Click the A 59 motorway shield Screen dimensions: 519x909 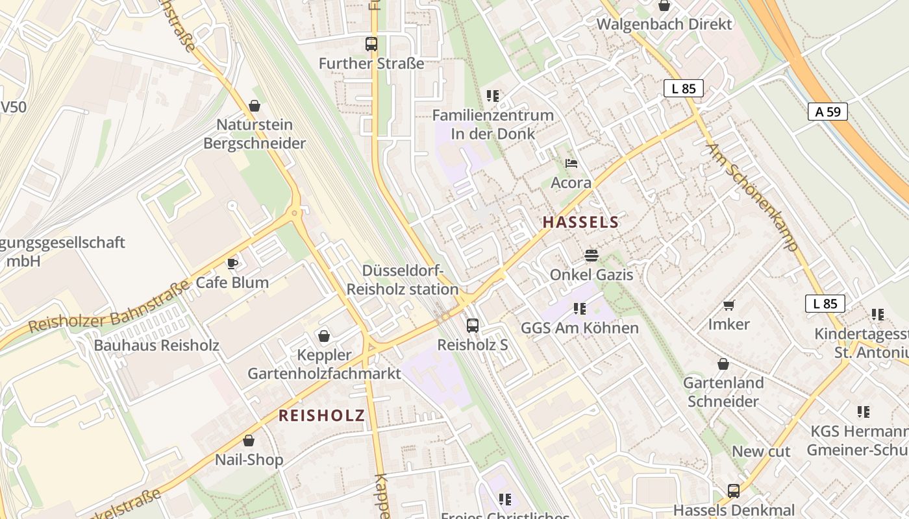click(828, 112)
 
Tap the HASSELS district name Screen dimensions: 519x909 click(580, 222)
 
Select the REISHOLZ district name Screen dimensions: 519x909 click(321, 416)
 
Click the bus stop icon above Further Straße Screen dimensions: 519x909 click(371, 44)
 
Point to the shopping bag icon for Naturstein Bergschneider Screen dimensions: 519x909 click(255, 105)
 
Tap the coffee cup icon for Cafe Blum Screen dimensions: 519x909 click(232, 263)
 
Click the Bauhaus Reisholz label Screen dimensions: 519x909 click(156, 345)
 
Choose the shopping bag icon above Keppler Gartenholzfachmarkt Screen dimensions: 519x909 click(324, 336)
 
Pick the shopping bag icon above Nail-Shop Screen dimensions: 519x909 click(249, 441)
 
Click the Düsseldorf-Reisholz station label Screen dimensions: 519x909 click(403, 280)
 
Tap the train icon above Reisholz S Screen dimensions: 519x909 click(473, 326)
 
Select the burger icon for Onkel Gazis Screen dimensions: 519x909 click(591, 256)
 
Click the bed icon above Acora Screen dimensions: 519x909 click(571, 163)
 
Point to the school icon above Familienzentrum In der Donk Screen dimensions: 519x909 click(493, 96)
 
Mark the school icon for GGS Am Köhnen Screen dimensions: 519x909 click(580, 309)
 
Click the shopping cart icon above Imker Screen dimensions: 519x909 click(729, 305)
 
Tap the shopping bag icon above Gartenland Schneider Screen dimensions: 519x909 click(723, 364)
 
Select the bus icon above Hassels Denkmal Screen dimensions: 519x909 click(734, 490)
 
